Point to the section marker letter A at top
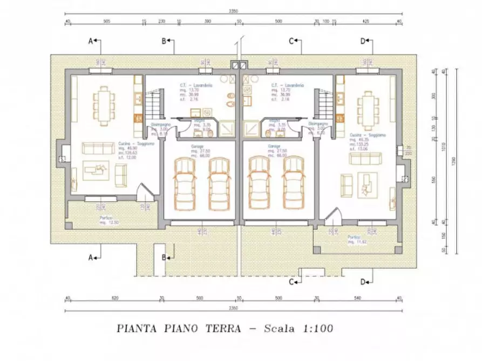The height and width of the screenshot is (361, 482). click(91, 40)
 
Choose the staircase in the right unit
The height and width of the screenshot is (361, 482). click(324, 105)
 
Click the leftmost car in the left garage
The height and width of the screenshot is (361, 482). click(184, 185)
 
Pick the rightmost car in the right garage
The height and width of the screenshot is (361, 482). click(294, 185)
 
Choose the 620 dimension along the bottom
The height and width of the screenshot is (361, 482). click(116, 297)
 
